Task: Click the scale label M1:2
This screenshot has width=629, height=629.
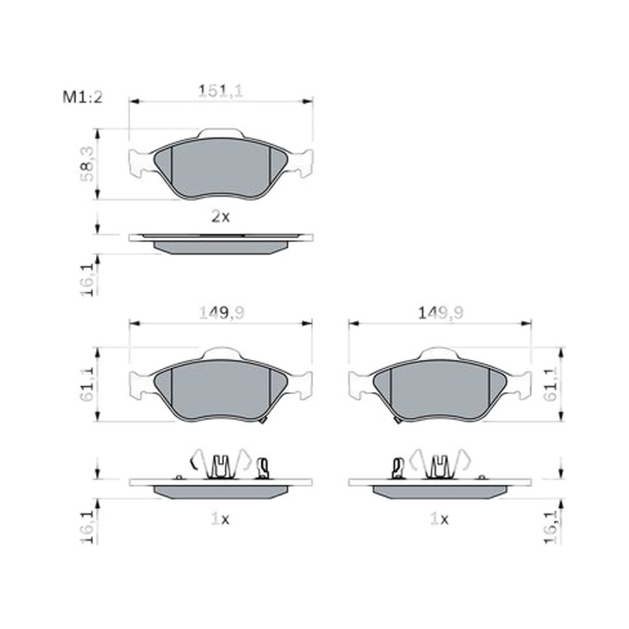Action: point(83,97)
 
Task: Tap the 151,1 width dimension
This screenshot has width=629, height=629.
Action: point(221,91)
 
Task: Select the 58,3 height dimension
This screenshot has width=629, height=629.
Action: point(86,164)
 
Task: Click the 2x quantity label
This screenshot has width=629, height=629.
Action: point(221,217)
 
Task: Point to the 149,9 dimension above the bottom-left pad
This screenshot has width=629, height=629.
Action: point(222,313)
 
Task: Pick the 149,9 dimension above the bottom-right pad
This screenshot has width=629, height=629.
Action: point(440,313)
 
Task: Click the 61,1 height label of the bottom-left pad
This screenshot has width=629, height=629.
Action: point(86,384)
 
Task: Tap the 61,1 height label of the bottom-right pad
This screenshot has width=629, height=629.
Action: point(550,384)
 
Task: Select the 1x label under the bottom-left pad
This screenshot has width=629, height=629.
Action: point(220,520)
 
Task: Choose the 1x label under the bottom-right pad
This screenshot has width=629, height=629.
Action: point(440,520)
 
